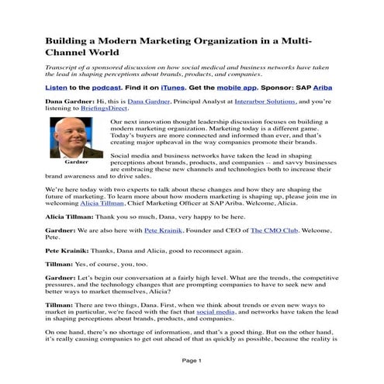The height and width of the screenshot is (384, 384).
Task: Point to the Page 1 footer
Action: coord(192,361)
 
